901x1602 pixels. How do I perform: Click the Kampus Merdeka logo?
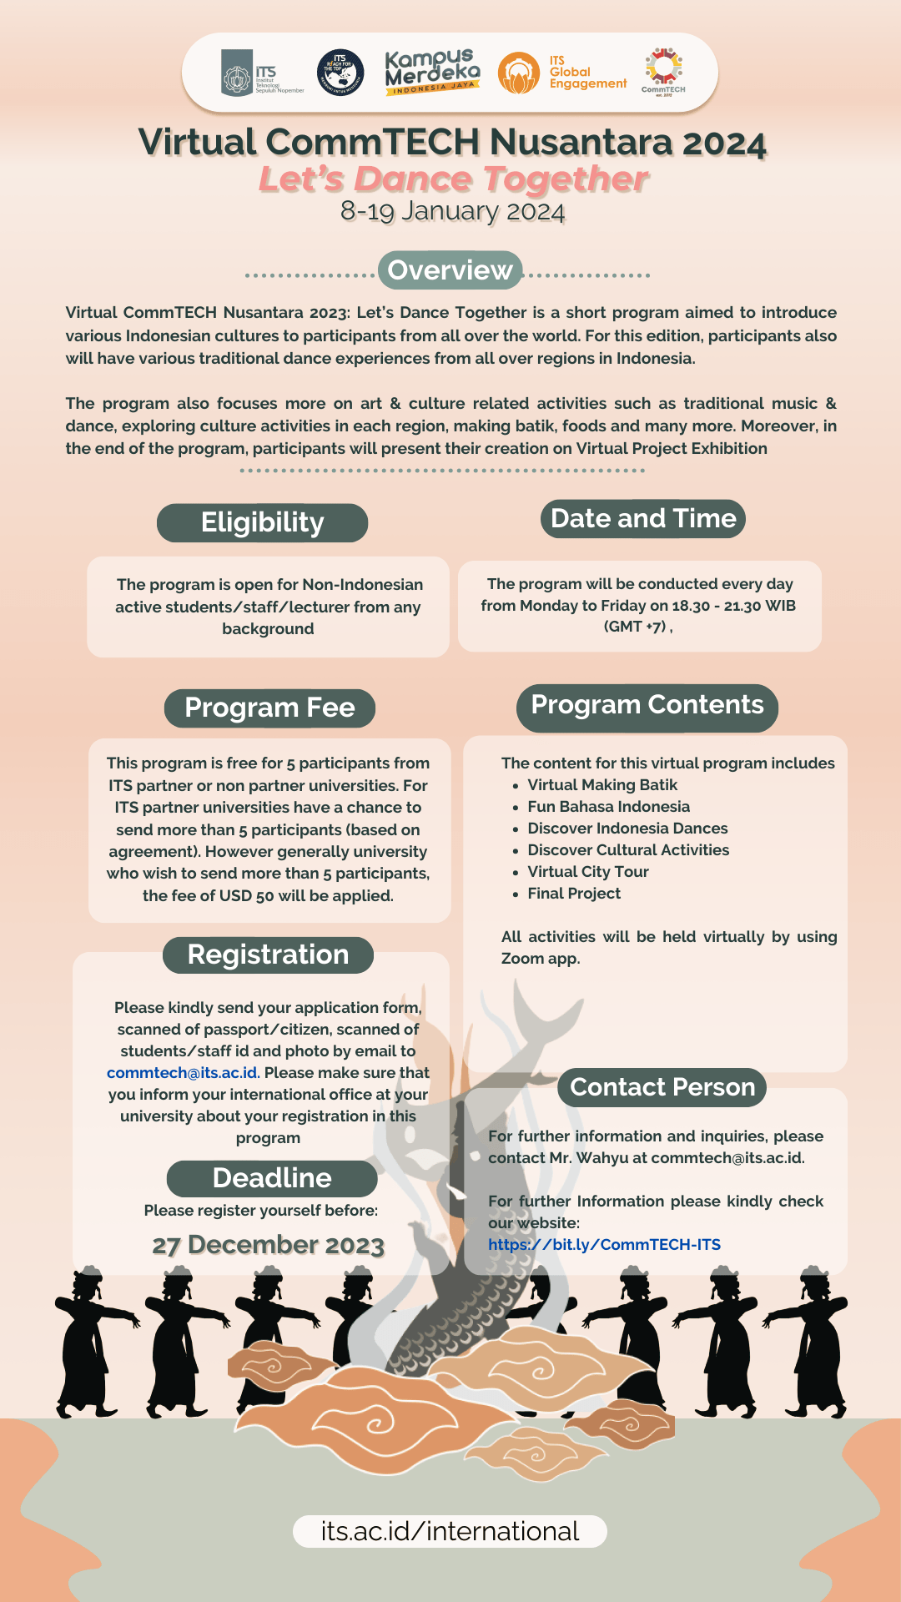click(432, 72)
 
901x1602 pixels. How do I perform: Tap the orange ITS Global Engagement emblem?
click(518, 73)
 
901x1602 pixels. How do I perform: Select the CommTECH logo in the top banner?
click(663, 71)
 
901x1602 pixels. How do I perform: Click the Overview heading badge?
click(450, 270)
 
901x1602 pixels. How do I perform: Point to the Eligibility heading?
click(262, 522)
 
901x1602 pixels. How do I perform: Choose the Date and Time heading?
click(643, 518)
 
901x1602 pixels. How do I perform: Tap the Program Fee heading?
click(269, 708)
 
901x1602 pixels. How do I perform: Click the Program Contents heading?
click(647, 705)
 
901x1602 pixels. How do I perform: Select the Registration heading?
click(268, 955)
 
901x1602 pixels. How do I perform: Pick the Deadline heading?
click(272, 1178)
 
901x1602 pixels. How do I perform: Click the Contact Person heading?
click(662, 1087)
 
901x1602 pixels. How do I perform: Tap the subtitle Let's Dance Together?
click(453, 179)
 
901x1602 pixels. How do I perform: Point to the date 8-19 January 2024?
click(452, 212)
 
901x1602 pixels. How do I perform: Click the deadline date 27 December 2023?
click(268, 1245)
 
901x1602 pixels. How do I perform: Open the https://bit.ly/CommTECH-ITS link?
click(604, 1244)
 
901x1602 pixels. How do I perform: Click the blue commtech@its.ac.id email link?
click(183, 1073)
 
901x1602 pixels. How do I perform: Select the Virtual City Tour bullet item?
click(587, 872)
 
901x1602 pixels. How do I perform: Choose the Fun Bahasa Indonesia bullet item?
click(608, 807)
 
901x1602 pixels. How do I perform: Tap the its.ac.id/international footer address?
click(450, 1531)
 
